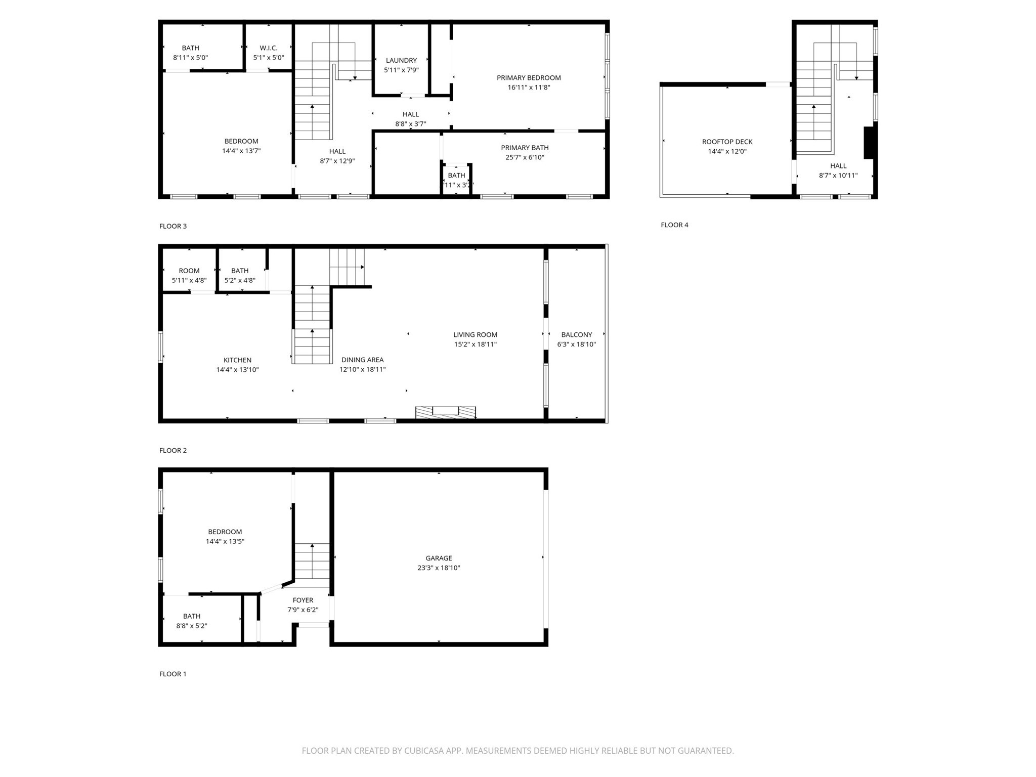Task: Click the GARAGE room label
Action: tap(438, 558)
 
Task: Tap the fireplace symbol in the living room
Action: tap(446, 412)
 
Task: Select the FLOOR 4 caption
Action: tap(674, 225)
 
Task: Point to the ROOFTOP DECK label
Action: tap(727, 142)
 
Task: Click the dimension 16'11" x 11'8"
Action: tap(529, 88)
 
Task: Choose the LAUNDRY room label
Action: tap(401, 60)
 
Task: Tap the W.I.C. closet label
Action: tap(269, 48)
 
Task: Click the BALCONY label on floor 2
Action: tap(576, 334)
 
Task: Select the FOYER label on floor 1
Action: tap(303, 600)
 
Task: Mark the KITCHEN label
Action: tap(237, 360)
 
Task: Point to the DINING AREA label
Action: tap(362, 360)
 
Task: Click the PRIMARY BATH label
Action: tap(525, 148)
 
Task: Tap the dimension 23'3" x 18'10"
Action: tap(438, 568)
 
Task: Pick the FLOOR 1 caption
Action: tap(172, 674)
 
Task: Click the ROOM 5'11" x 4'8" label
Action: tap(189, 271)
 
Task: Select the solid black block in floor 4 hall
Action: tap(869, 143)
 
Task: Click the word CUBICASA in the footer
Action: tap(424, 751)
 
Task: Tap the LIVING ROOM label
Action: tap(475, 334)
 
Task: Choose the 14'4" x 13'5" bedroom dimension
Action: tap(225, 541)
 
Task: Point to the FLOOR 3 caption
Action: tap(172, 226)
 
